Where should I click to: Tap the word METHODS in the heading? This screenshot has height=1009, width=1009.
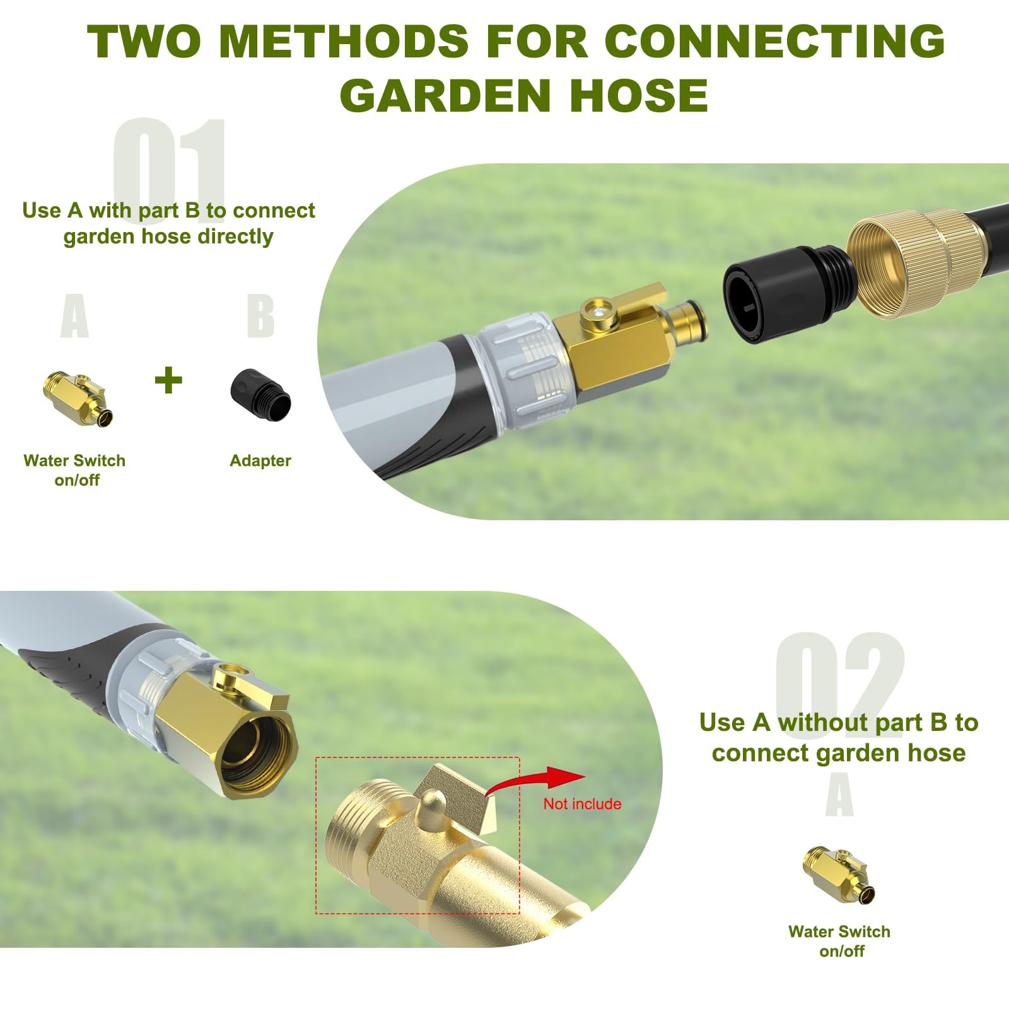pyautogui.click(x=344, y=42)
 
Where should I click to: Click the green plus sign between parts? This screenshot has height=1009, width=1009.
pyautogui.click(x=168, y=380)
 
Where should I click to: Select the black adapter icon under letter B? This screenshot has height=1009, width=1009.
pyautogui.click(x=260, y=395)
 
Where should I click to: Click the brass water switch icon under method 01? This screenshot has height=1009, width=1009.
pyautogui.click(x=78, y=399)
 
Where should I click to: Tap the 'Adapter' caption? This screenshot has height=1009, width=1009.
pyautogui.click(x=260, y=460)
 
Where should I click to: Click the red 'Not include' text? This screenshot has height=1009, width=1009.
pyautogui.click(x=582, y=803)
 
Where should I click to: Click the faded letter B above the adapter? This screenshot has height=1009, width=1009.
pyautogui.click(x=260, y=316)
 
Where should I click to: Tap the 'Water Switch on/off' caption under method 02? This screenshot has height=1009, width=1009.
pyautogui.click(x=839, y=941)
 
